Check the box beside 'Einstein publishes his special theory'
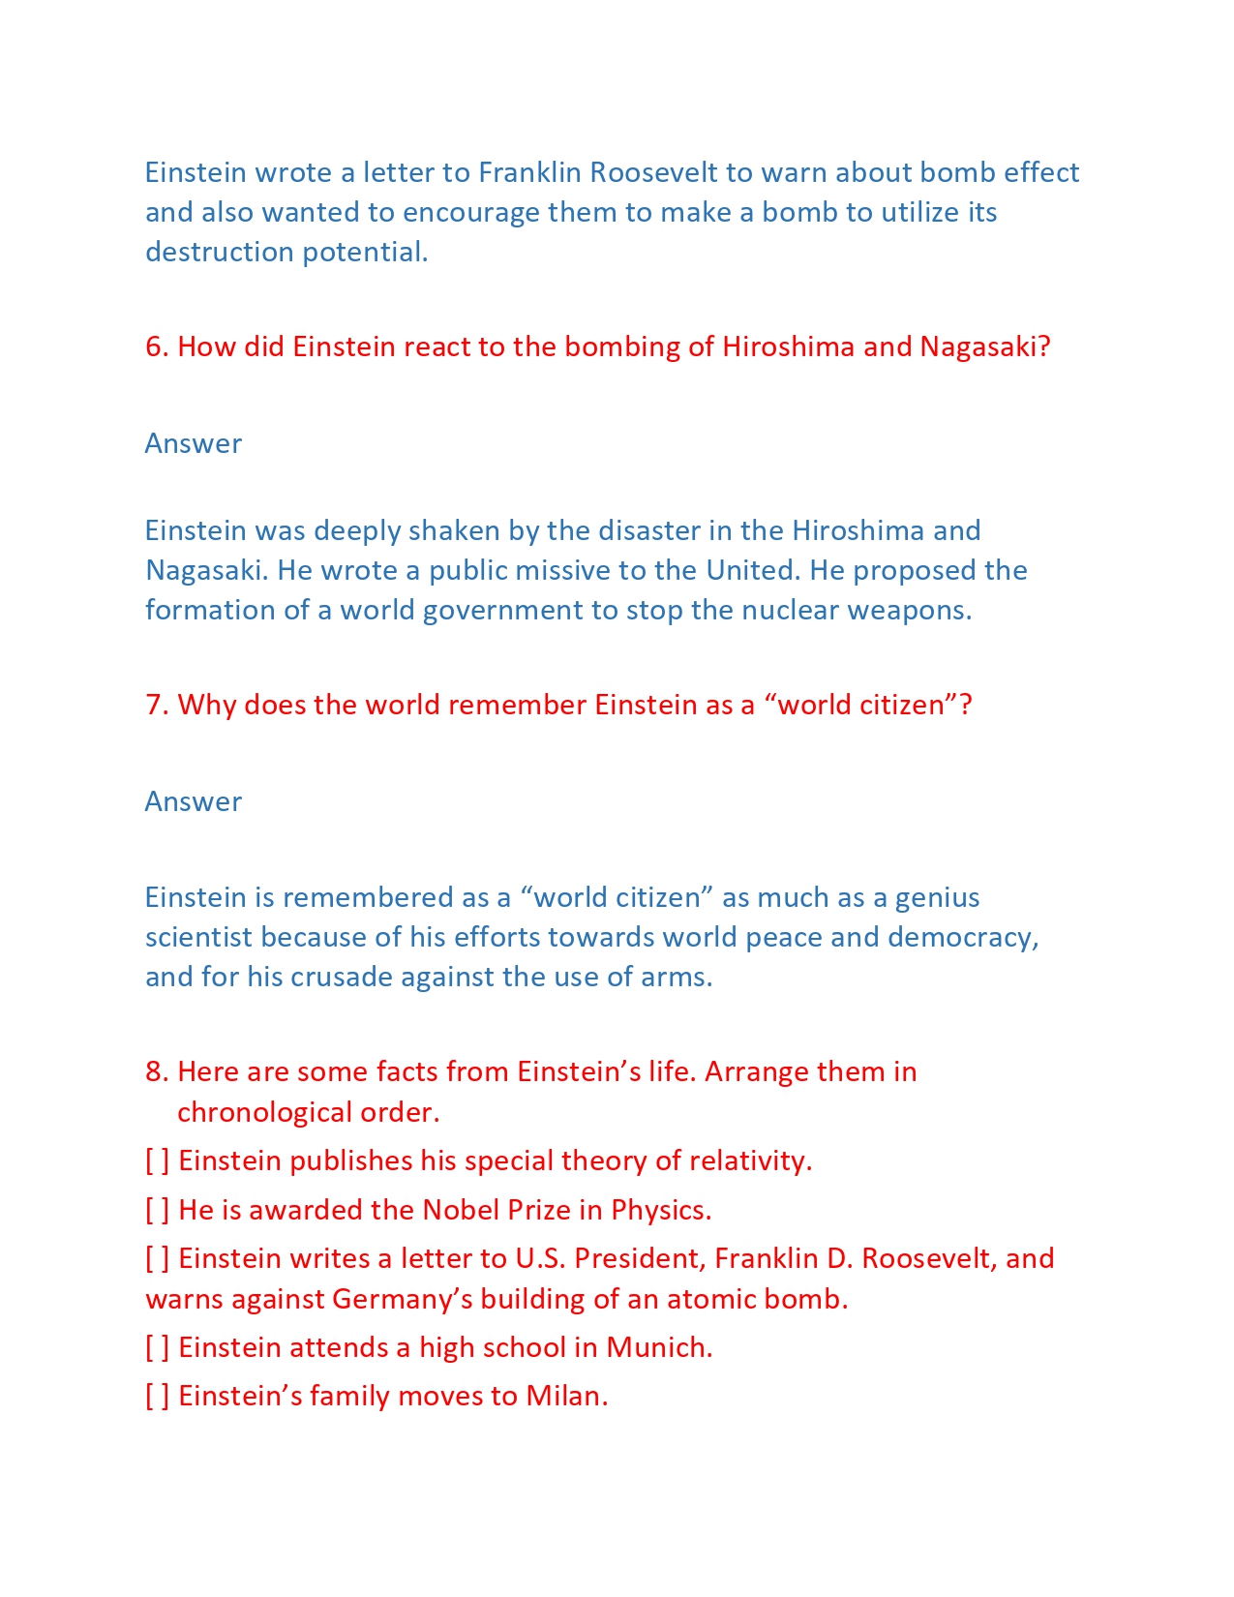coord(157,1160)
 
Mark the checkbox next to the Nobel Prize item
coord(157,1210)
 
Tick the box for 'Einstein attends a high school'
coord(157,1347)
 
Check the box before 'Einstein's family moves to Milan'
coord(157,1396)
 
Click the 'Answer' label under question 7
coord(194,801)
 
